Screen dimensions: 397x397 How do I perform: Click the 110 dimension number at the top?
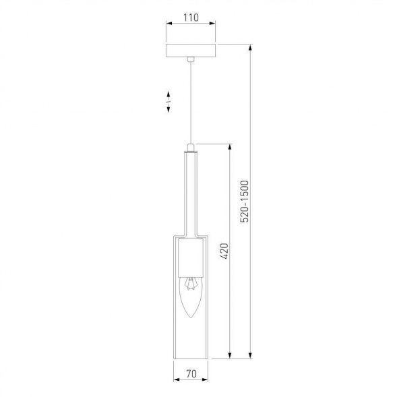pos(191,19)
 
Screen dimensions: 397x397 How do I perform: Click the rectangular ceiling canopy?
pos(191,51)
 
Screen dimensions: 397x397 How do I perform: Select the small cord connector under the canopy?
pos(191,61)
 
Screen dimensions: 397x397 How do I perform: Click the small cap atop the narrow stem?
pos(191,147)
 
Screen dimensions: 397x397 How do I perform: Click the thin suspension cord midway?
pos(191,101)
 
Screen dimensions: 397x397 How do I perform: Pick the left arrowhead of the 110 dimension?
pos(168,28)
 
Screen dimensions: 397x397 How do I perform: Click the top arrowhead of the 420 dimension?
pos(231,146)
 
